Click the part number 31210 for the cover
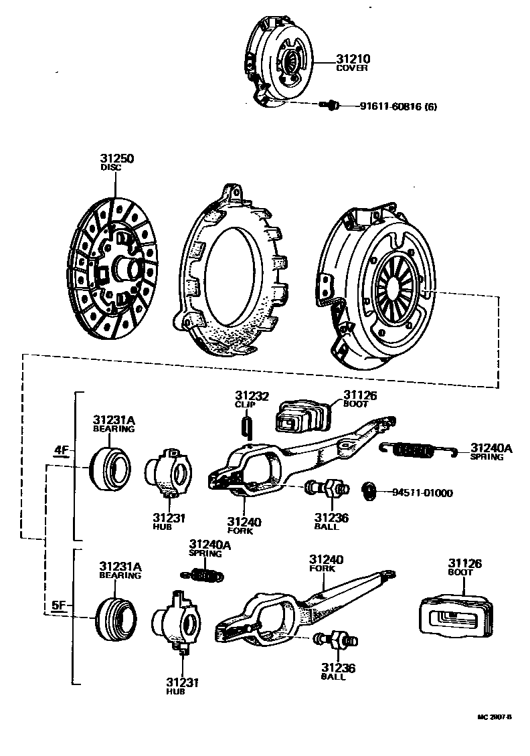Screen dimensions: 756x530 click(352, 59)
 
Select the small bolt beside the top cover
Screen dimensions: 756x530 click(329, 104)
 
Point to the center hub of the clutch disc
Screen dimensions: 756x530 click(124, 269)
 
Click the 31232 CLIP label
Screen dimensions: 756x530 click(251, 397)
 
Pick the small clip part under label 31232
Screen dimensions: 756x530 click(246, 423)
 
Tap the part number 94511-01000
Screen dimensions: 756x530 click(422, 494)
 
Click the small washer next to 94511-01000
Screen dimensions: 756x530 click(369, 492)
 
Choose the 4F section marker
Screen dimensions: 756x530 click(62, 450)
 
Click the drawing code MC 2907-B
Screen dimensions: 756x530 click(494, 717)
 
